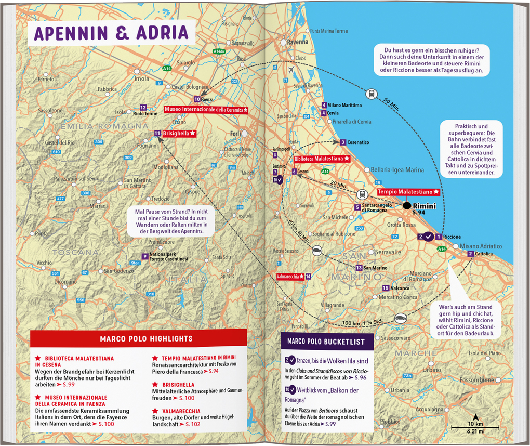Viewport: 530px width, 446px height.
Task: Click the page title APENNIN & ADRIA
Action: [111, 33]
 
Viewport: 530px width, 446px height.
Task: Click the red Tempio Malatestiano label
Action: [408, 192]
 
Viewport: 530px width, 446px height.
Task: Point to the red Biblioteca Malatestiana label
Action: [321, 158]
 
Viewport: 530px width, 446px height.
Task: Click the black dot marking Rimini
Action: [407, 206]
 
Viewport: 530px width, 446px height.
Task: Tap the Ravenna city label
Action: [298, 42]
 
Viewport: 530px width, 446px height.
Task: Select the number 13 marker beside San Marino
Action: [359, 268]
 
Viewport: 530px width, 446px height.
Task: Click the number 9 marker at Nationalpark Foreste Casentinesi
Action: [144, 256]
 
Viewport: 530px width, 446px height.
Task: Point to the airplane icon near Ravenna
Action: [290, 70]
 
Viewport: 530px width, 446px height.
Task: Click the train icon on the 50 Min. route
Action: [372, 94]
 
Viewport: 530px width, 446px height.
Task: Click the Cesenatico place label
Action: [357, 142]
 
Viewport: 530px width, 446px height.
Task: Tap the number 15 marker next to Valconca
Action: [385, 288]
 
